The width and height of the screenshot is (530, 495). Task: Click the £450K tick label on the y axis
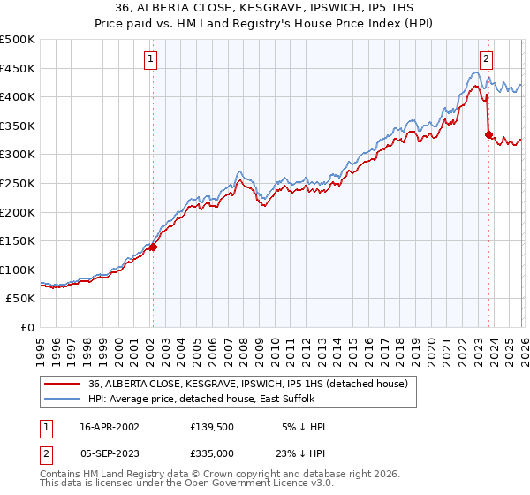tap(19, 68)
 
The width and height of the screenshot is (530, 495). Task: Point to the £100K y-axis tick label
tap(19, 270)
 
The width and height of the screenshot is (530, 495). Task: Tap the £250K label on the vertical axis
tap(19, 183)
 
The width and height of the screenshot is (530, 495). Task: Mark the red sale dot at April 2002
tap(153, 247)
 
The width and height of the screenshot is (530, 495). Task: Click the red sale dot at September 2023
tap(488, 134)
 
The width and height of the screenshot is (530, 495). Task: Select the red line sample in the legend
tap(63, 385)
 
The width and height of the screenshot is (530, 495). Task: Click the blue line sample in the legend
tap(63, 400)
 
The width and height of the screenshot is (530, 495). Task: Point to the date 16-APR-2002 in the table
tap(110, 427)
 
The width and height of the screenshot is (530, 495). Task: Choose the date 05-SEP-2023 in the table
tap(110, 453)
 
